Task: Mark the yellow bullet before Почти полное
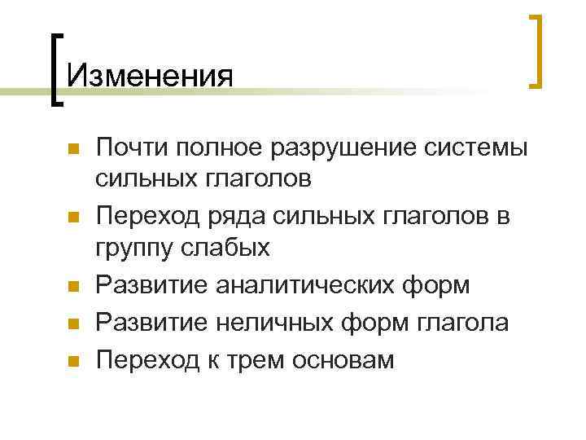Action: click(x=72, y=150)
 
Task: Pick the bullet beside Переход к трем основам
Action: click(x=72, y=360)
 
